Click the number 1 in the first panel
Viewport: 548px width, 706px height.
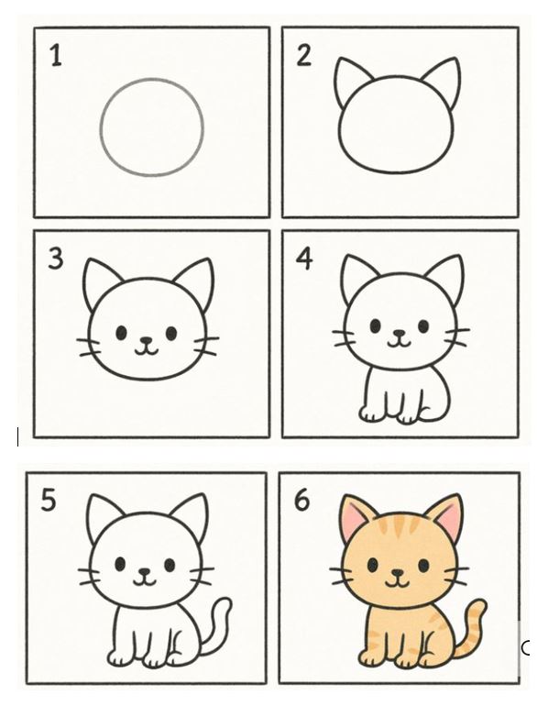(56, 56)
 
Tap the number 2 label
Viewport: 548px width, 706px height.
(303, 56)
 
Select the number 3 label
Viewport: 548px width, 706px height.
(55, 259)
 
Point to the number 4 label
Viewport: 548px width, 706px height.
(304, 259)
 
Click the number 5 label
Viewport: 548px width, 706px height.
(49, 501)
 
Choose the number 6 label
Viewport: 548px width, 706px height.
(301, 501)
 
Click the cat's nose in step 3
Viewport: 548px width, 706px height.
(147, 341)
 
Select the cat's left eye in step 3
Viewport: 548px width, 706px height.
(122, 333)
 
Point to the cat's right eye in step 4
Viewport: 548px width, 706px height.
(423, 326)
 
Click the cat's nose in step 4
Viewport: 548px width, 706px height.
(399, 334)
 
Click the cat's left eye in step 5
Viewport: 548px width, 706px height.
(120, 564)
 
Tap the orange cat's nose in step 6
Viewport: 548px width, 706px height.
(398, 573)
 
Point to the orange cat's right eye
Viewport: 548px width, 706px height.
(423, 566)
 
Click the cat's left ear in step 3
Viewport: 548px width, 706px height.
(100, 281)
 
